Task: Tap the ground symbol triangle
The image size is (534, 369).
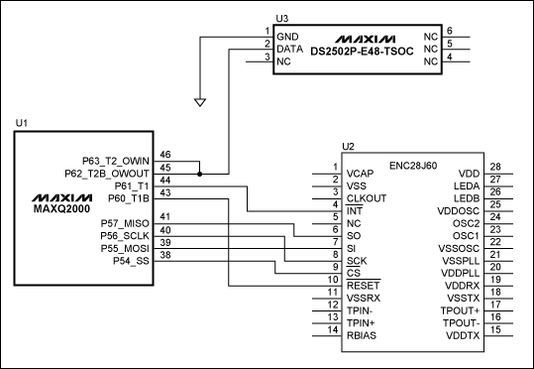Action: click(200, 100)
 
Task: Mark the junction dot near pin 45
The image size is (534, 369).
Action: click(200, 173)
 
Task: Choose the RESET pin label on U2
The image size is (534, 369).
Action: click(362, 285)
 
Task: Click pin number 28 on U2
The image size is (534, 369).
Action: click(496, 167)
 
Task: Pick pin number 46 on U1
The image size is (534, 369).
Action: click(165, 154)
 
